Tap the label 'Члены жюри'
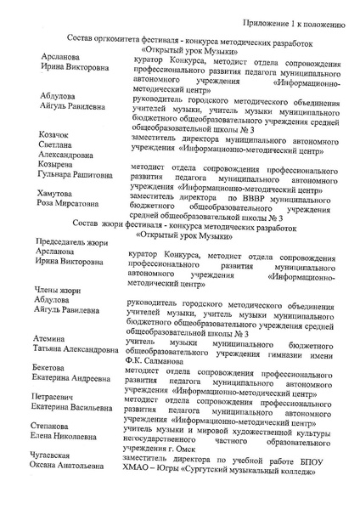click(55, 291)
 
